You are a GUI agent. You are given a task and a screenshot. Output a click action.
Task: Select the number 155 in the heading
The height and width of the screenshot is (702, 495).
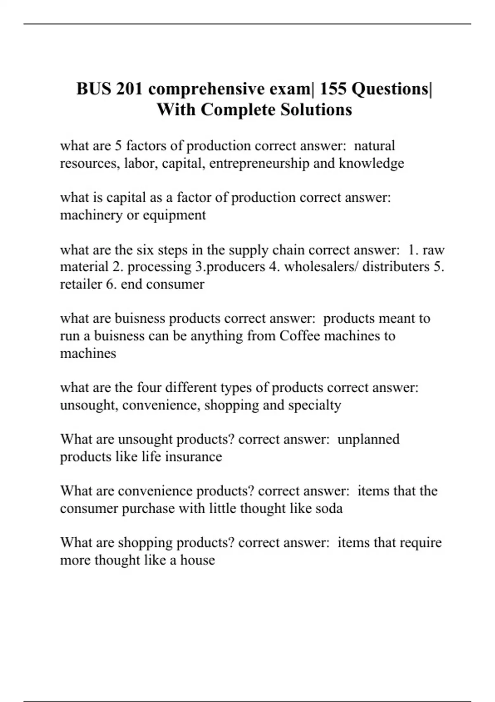333,89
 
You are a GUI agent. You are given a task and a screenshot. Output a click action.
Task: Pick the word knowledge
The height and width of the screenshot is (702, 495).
371,164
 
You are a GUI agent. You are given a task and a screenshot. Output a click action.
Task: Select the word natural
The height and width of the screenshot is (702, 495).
375,146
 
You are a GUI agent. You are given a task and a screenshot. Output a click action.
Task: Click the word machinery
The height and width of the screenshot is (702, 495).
91,215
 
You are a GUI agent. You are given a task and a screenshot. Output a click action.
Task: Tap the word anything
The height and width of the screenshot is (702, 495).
217,336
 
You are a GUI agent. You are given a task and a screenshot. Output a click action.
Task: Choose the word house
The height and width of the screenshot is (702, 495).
197,560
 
